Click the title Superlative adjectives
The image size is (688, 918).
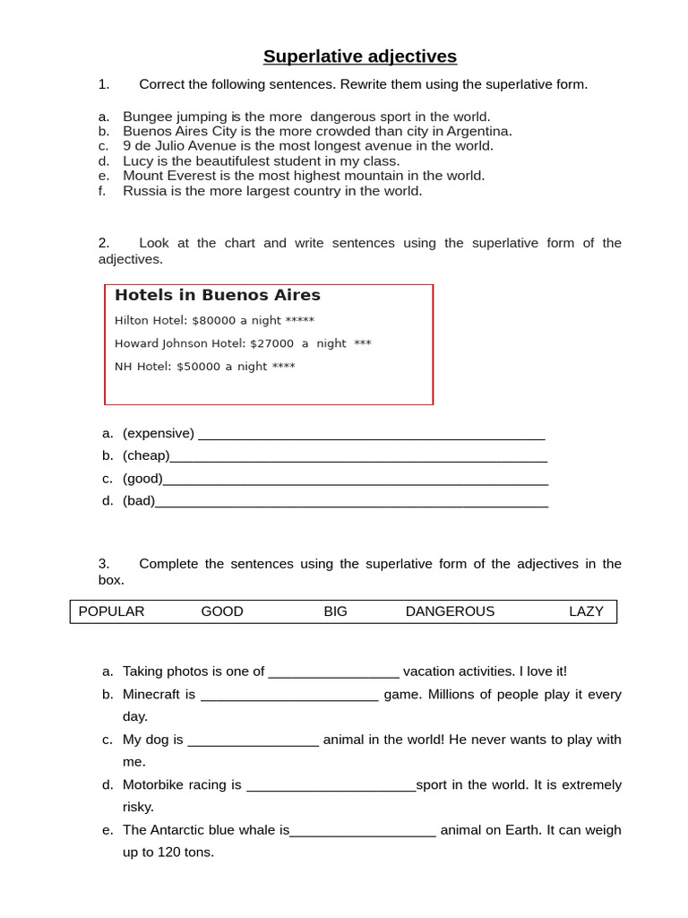359,56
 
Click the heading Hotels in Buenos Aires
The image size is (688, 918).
217,295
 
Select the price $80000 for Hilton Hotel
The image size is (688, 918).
213,320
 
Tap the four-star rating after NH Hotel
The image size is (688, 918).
283,367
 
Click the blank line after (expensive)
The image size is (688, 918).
371,435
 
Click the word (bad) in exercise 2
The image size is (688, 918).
139,500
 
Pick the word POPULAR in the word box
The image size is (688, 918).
111,611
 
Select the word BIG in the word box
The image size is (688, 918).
335,611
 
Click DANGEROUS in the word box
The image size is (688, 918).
450,611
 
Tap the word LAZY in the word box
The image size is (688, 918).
586,611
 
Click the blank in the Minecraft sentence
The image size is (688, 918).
289,696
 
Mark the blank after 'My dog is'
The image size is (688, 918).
254,741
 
